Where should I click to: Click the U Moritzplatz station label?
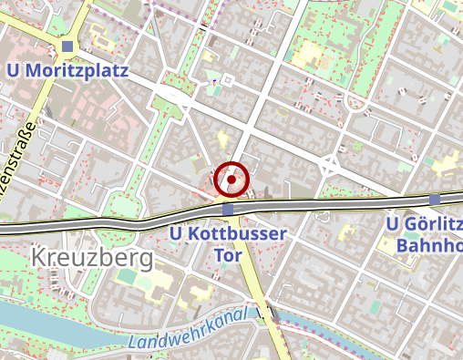point(67,70)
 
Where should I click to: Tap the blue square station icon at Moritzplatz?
point(67,47)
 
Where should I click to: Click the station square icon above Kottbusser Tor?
point(228,210)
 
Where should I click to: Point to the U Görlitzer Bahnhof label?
point(423,234)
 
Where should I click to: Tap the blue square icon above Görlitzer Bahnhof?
point(435,199)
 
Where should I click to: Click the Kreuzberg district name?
point(91,258)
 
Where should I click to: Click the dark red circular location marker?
point(231,180)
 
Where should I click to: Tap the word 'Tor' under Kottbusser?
point(228,254)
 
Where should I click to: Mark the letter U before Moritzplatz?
point(13,70)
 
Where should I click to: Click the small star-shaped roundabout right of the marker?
point(329,166)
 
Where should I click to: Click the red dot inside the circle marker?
point(231,180)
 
